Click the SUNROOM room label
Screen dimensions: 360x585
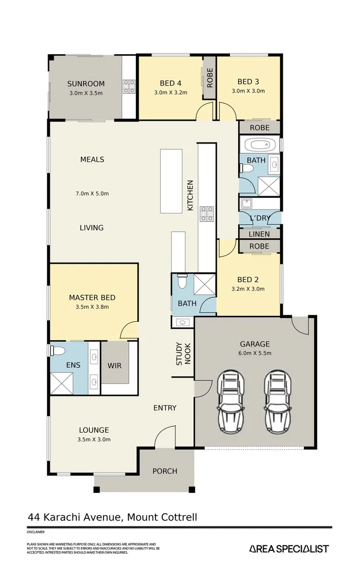click(x=86, y=83)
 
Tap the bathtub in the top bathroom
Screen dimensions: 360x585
click(x=260, y=145)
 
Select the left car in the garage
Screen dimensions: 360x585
click(x=231, y=401)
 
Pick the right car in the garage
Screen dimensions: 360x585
click(x=278, y=401)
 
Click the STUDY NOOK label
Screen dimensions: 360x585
click(x=183, y=354)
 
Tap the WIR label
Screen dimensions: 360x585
click(x=115, y=366)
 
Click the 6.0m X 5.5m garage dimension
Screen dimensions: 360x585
click(x=255, y=353)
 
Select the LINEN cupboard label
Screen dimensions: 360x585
click(x=259, y=234)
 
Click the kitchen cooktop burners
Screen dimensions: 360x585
click(x=207, y=213)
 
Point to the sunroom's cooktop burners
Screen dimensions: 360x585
click(x=129, y=87)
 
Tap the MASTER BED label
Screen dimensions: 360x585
click(x=92, y=298)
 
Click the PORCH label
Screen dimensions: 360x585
click(x=165, y=471)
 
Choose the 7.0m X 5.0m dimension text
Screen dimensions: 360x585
click(x=92, y=193)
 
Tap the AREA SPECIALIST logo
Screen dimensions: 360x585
click(x=289, y=549)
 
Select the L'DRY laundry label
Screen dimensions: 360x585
click(x=260, y=218)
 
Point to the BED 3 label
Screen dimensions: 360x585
click(x=248, y=82)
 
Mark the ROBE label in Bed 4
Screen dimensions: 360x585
click(x=210, y=77)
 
